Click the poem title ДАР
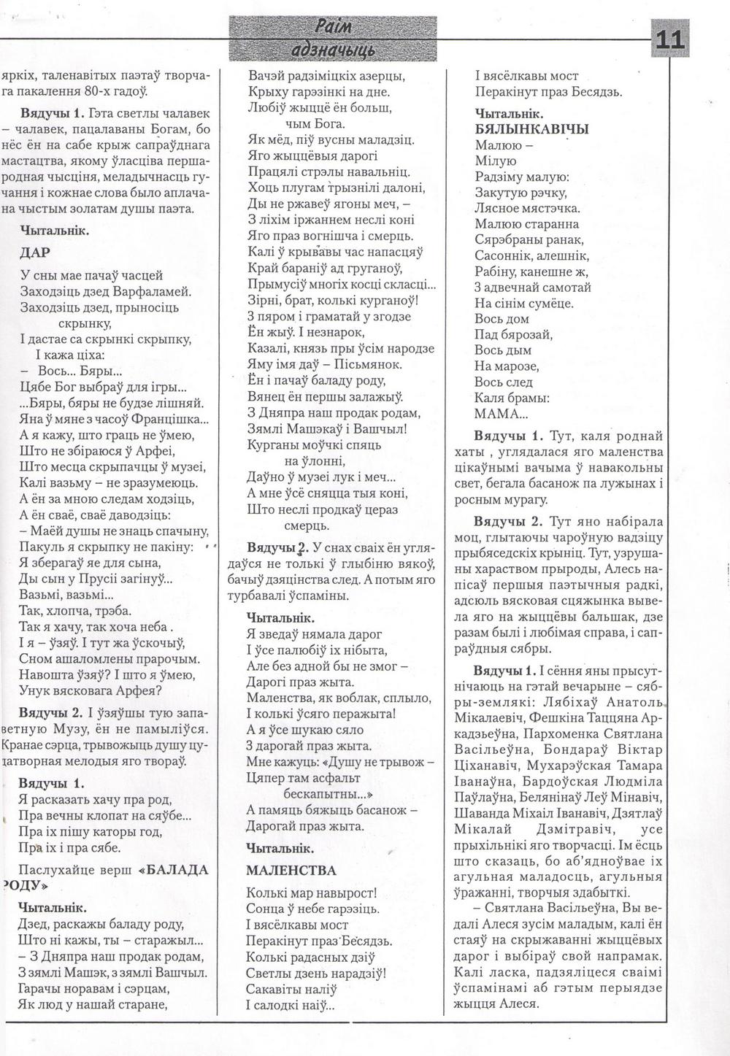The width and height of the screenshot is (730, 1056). point(35,253)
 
